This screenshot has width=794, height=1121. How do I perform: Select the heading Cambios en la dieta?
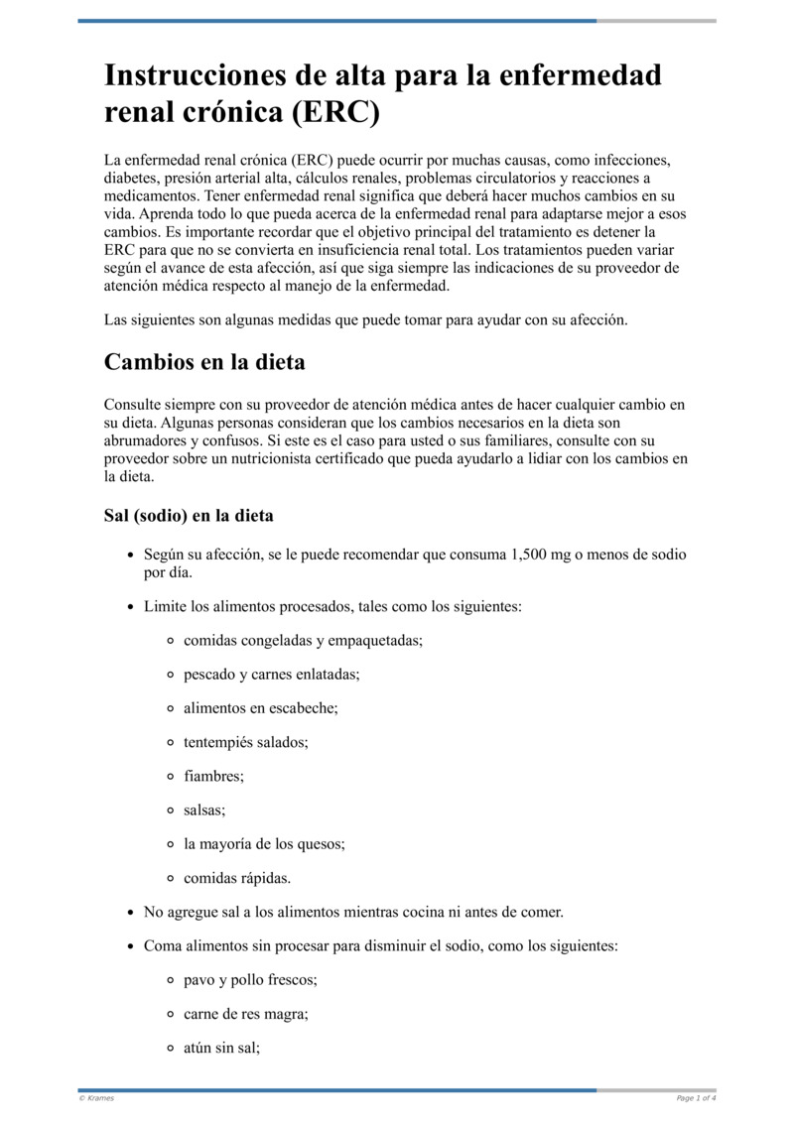tap(204, 362)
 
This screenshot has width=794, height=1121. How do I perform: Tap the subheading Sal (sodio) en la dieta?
tap(189, 516)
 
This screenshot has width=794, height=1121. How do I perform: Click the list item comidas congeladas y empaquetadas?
tap(303, 641)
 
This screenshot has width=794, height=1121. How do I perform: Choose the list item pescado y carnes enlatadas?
tap(271, 675)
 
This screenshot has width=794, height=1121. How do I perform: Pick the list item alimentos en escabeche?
tap(261, 708)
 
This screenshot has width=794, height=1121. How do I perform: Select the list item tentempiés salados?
tap(245, 742)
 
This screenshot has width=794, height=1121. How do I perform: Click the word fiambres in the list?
tap(213, 777)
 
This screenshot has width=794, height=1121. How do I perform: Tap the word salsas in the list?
tap(204, 810)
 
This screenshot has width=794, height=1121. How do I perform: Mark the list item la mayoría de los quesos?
tap(264, 844)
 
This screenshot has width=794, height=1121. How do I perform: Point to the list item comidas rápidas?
tap(237, 878)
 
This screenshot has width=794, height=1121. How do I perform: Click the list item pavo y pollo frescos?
tap(250, 980)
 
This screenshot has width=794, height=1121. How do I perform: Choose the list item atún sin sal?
tap(221, 1048)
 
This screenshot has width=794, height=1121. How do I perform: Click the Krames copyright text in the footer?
tap(96, 1098)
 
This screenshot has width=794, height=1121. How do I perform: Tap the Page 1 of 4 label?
tap(696, 1098)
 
